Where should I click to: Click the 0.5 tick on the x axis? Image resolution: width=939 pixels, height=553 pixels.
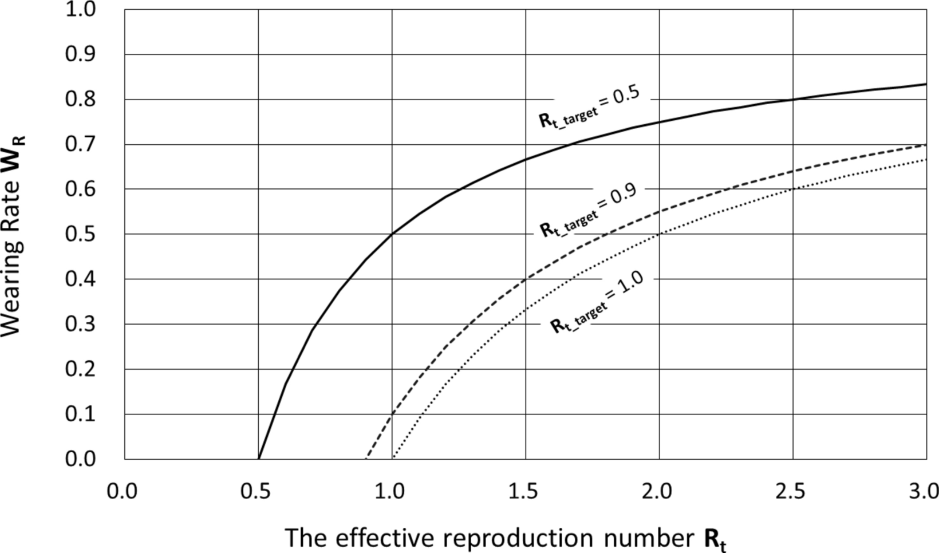pyautogui.click(x=258, y=492)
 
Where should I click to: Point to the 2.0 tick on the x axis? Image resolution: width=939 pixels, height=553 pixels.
pyautogui.click(x=659, y=492)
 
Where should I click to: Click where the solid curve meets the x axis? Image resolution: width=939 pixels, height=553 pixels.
pyautogui.click(x=259, y=459)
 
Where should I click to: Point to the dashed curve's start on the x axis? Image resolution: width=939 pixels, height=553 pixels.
pyautogui.click(x=366, y=459)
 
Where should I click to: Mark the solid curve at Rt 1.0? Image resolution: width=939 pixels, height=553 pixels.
pyautogui.click(x=392, y=234)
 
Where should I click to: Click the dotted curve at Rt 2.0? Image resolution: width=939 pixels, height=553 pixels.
pyautogui.click(x=659, y=234)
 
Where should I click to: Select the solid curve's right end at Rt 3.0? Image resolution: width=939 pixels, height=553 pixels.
pyautogui.click(x=926, y=84)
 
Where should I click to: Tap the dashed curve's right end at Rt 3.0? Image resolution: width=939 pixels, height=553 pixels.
pyautogui.click(x=926, y=145)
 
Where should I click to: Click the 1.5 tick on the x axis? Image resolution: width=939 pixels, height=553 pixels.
pyautogui.click(x=526, y=492)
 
